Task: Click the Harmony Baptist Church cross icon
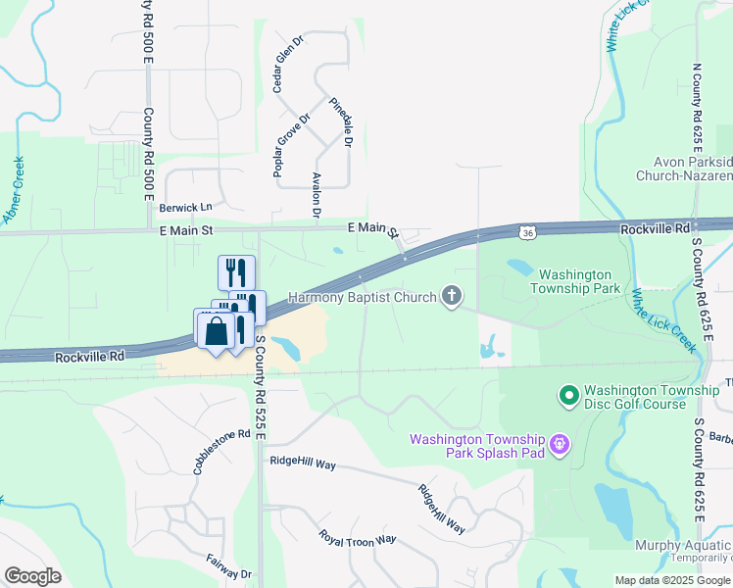coord(452,295)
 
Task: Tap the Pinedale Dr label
coord(340,121)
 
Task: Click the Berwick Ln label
coord(186,208)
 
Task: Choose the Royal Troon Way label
coord(357,538)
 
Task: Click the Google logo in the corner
coord(32,576)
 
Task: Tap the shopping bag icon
coord(216,331)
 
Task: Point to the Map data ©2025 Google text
coord(671,580)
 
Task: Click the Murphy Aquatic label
coord(682,546)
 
